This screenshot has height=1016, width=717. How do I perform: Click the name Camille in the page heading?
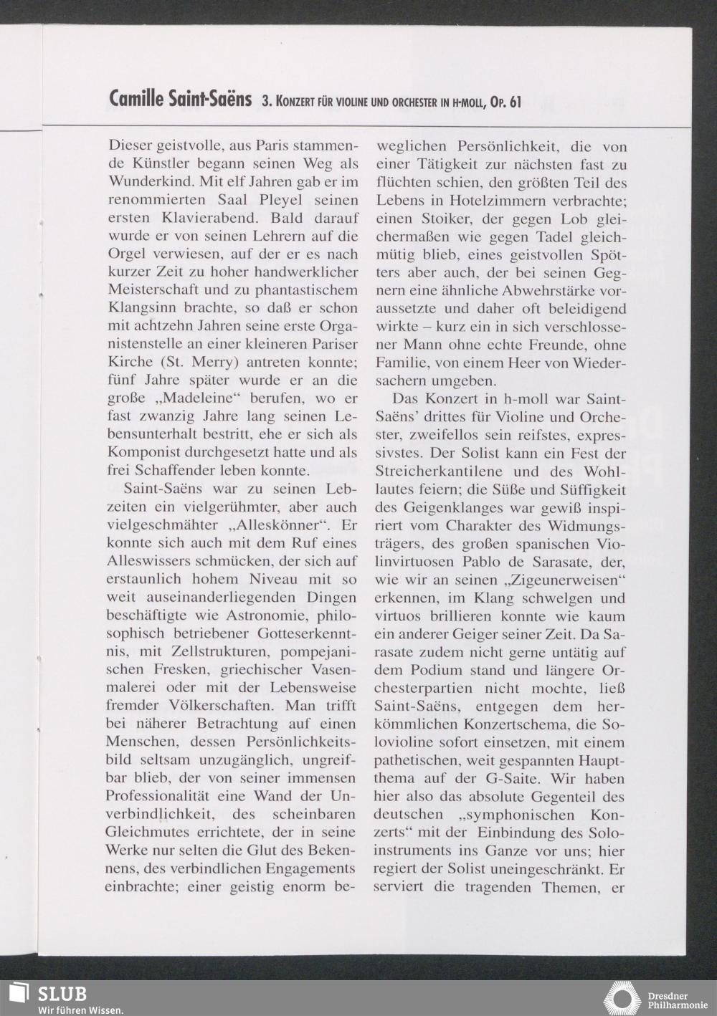coord(136,100)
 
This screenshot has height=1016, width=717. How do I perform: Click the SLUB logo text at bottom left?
coord(62,994)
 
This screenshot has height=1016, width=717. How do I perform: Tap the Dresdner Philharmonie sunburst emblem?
coord(622,999)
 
